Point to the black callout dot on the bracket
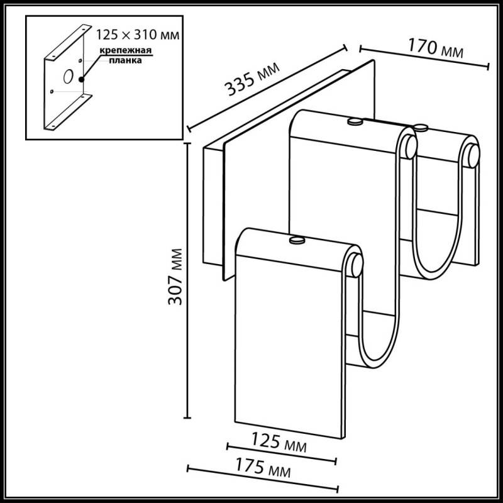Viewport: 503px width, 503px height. [x=82, y=79]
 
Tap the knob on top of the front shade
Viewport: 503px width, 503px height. [x=296, y=240]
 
